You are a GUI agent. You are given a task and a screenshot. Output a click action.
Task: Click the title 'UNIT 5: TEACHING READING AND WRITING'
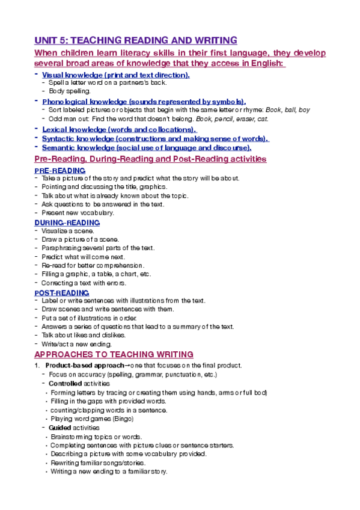pos(136,41)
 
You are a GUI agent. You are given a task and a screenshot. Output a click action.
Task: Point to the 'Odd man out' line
pos(158,119)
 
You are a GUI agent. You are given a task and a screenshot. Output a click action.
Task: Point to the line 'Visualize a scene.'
pos(68,231)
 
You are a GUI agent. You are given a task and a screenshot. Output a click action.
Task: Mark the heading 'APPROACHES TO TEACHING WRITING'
pos(114,354)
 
